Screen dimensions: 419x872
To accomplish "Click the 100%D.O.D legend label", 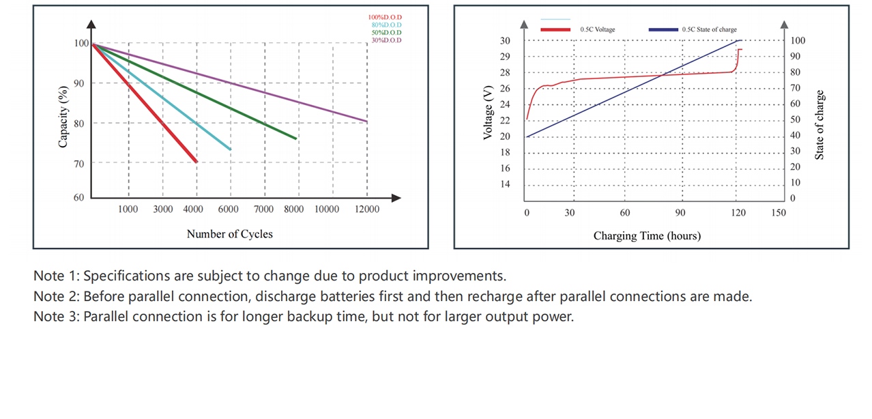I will [x=385, y=17].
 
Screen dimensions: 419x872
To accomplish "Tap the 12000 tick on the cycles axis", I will [x=367, y=209].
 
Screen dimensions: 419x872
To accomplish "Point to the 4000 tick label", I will [x=195, y=209].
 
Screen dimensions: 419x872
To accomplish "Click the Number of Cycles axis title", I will [x=229, y=234].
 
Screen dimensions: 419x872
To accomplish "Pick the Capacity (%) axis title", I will [x=63, y=117].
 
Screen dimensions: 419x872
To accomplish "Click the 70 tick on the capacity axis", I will [x=78, y=163].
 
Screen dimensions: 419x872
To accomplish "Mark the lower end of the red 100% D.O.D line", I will [x=197, y=162].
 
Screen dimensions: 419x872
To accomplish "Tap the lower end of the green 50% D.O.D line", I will [x=295, y=139].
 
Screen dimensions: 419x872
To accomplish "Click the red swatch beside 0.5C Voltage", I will [x=555, y=30].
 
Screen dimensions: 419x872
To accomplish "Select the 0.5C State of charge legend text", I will [x=709, y=30].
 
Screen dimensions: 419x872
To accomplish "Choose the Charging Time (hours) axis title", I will [x=647, y=236].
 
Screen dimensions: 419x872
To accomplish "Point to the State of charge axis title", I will [x=819, y=125].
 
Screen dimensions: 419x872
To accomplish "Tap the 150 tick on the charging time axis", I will [x=779, y=213].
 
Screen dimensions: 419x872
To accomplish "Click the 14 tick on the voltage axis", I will [x=505, y=184].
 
